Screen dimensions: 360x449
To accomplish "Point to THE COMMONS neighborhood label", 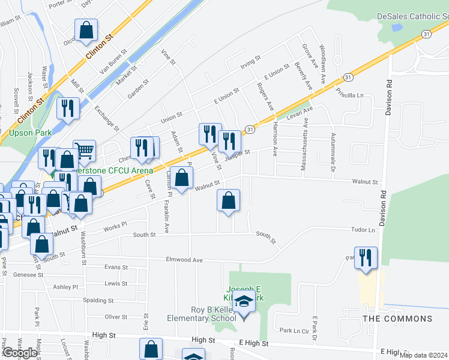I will coord(397,319).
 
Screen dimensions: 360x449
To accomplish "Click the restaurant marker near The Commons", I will coord(366,257).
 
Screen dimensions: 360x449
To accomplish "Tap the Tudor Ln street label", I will coord(363,230).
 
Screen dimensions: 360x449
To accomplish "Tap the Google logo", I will coord(20,353).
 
